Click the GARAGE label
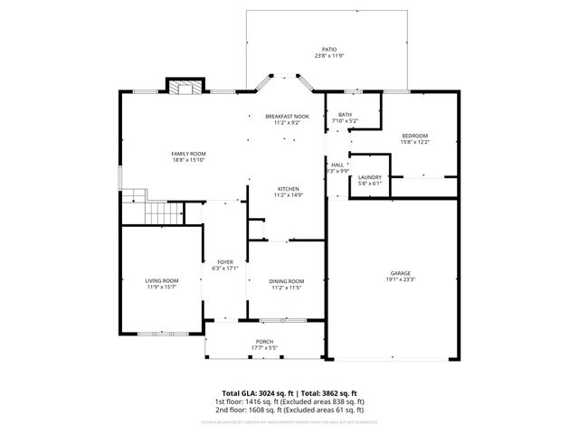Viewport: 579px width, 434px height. (x=401, y=273)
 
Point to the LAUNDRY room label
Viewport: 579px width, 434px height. (x=369, y=177)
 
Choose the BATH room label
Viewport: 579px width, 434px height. (x=345, y=115)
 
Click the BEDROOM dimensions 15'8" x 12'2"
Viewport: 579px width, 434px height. (x=414, y=142)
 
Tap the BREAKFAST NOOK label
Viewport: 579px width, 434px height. (x=287, y=117)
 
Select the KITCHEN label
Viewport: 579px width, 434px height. (x=288, y=189)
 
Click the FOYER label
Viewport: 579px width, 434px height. (x=224, y=262)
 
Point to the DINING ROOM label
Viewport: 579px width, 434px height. (x=286, y=281)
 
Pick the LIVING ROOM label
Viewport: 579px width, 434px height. (x=162, y=281)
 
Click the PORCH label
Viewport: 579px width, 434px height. (x=264, y=342)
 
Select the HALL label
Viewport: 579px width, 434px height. (x=337, y=165)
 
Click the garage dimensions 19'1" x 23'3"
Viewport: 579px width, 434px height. (x=401, y=279)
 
